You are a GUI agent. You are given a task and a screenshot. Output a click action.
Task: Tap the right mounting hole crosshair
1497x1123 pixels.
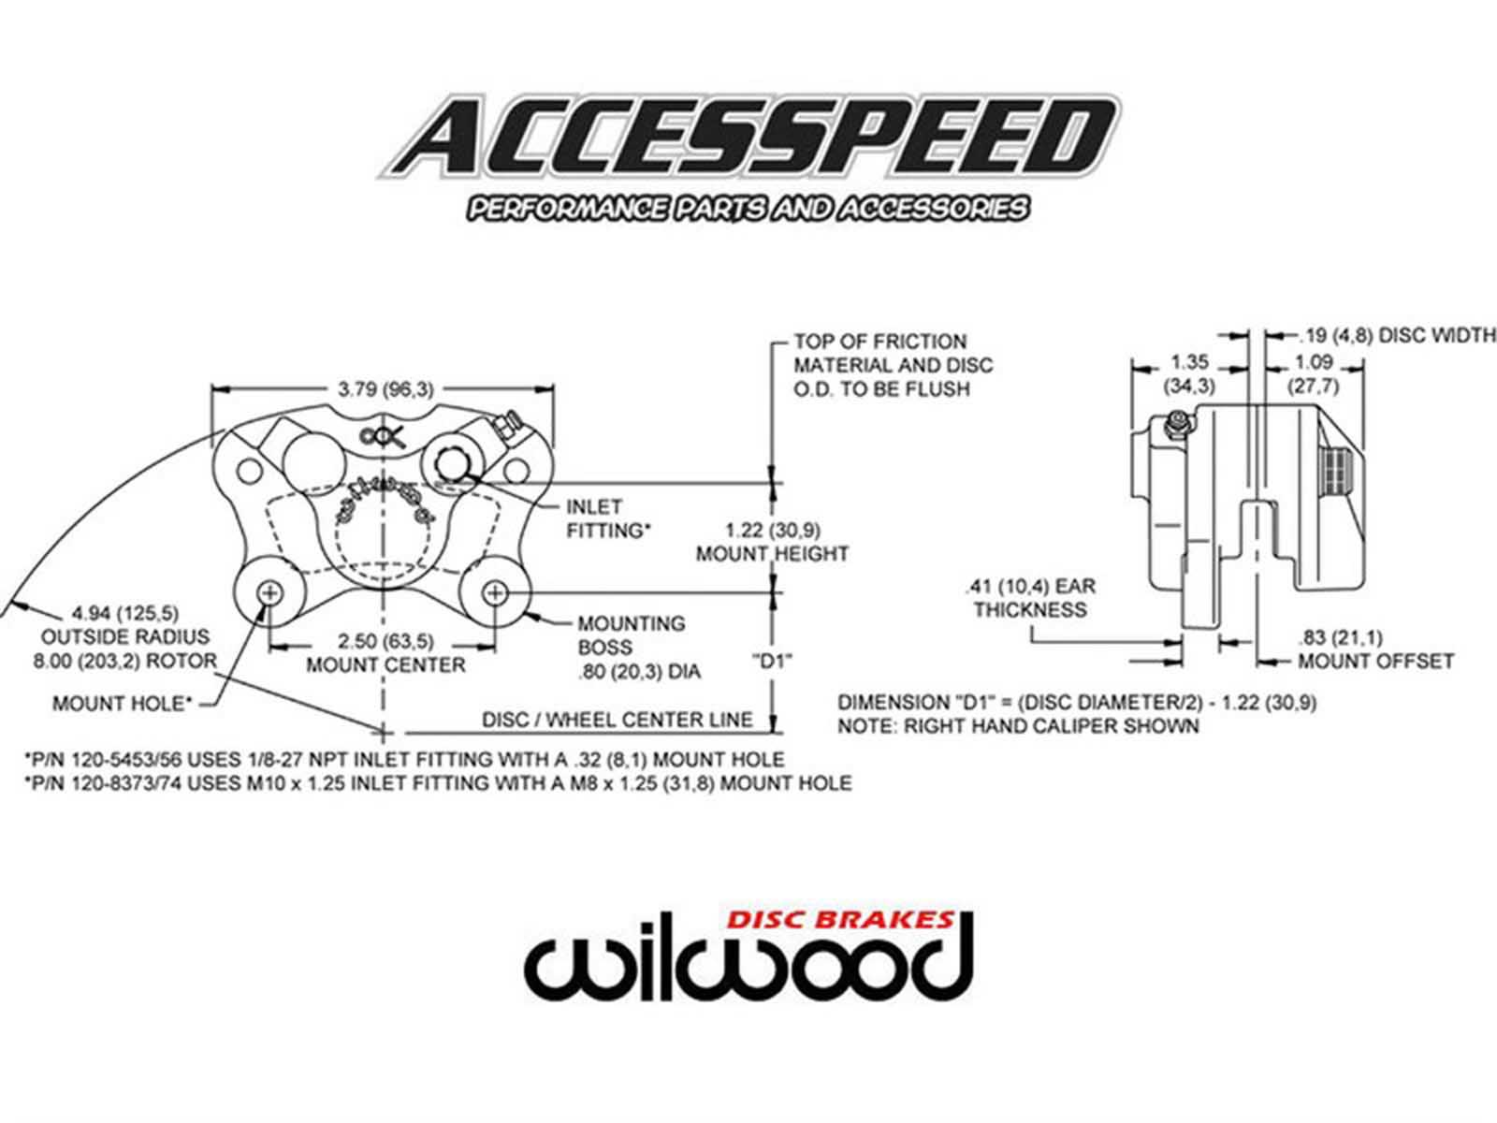pyautogui.click(x=496, y=593)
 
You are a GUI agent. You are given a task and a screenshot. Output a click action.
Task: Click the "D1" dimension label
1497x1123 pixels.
pyautogui.click(x=772, y=661)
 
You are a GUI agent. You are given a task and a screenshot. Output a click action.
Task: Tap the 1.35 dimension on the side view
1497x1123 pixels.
pyautogui.click(x=1189, y=361)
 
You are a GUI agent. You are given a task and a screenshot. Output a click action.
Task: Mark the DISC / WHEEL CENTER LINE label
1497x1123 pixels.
pyautogui.click(x=617, y=720)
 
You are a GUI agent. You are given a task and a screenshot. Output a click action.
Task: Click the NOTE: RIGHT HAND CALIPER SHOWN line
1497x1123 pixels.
pyautogui.click(x=1017, y=726)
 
